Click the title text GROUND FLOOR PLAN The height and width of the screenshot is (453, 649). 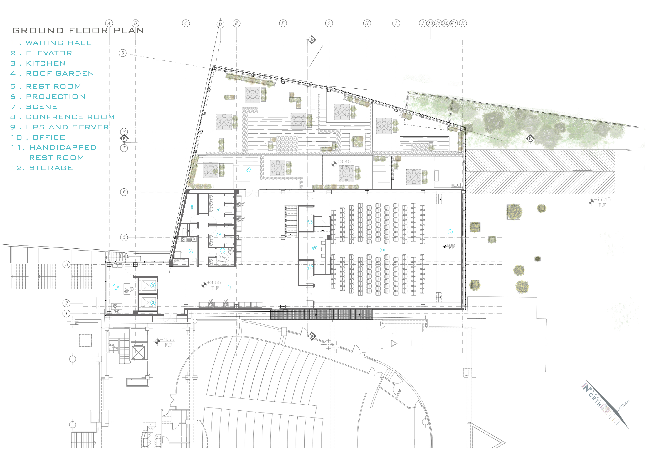[x=78, y=31]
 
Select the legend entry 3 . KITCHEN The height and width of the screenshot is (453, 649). [x=38, y=63]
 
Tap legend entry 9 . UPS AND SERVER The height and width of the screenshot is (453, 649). [x=60, y=127]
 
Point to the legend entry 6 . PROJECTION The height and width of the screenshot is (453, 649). [x=48, y=97]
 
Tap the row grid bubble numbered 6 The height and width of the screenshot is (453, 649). [x=124, y=192]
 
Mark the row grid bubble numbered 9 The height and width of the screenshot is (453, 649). [x=122, y=53]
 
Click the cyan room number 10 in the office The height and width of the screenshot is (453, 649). [x=116, y=287]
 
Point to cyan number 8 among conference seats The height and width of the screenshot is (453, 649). [x=382, y=250]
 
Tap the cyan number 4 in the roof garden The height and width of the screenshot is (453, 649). [x=248, y=169]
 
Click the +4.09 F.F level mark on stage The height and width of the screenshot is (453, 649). [x=449, y=246]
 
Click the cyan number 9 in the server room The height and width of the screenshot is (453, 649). [x=192, y=208]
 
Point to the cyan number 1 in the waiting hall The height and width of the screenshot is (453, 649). [x=230, y=287]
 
